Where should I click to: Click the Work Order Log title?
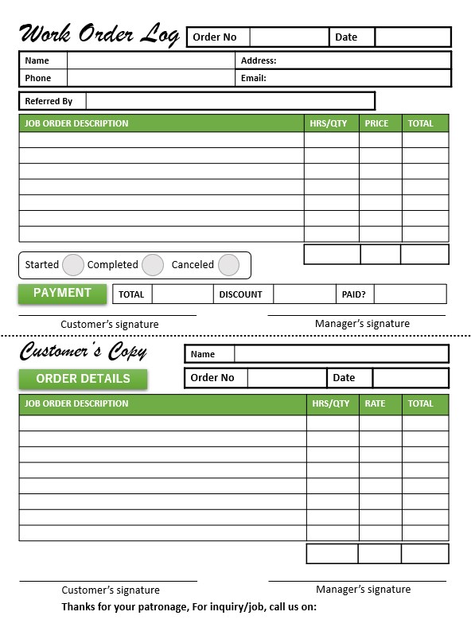tap(99, 34)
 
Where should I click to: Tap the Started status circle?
tap(73, 265)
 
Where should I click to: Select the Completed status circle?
tap(153, 265)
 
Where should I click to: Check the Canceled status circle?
tap(228, 265)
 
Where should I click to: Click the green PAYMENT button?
tap(62, 293)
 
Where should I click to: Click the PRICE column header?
tap(376, 123)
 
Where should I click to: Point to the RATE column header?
tap(375, 403)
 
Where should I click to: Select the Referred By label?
tap(49, 102)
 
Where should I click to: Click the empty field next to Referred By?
tap(229, 101)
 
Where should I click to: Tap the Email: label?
tap(254, 78)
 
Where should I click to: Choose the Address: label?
tap(259, 60)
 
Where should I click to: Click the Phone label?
tap(37, 78)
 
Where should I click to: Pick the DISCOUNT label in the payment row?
tap(240, 294)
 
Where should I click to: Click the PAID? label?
tap(353, 294)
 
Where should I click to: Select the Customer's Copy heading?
tap(84, 352)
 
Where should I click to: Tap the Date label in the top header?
tap(346, 37)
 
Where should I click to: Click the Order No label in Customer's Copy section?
tap(212, 378)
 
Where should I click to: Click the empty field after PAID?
tap(410, 294)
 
